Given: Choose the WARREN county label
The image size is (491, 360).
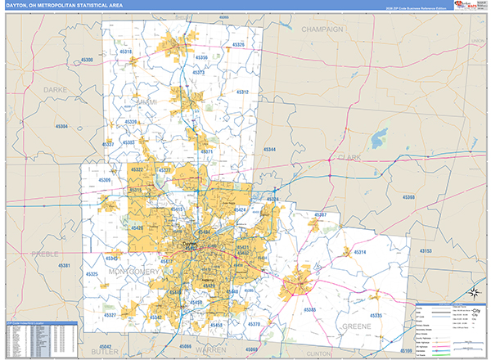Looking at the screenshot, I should tap(211, 349).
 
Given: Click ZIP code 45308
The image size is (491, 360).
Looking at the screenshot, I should tap(87, 60).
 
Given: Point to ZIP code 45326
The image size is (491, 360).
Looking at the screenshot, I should tap(238, 44).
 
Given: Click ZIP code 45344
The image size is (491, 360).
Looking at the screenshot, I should tap(270, 150).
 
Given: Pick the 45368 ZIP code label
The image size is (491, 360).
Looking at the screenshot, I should tap(409, 197).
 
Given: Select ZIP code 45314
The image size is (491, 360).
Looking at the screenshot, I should tap(361, 252).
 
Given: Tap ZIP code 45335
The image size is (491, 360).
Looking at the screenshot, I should tap(376, 315).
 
